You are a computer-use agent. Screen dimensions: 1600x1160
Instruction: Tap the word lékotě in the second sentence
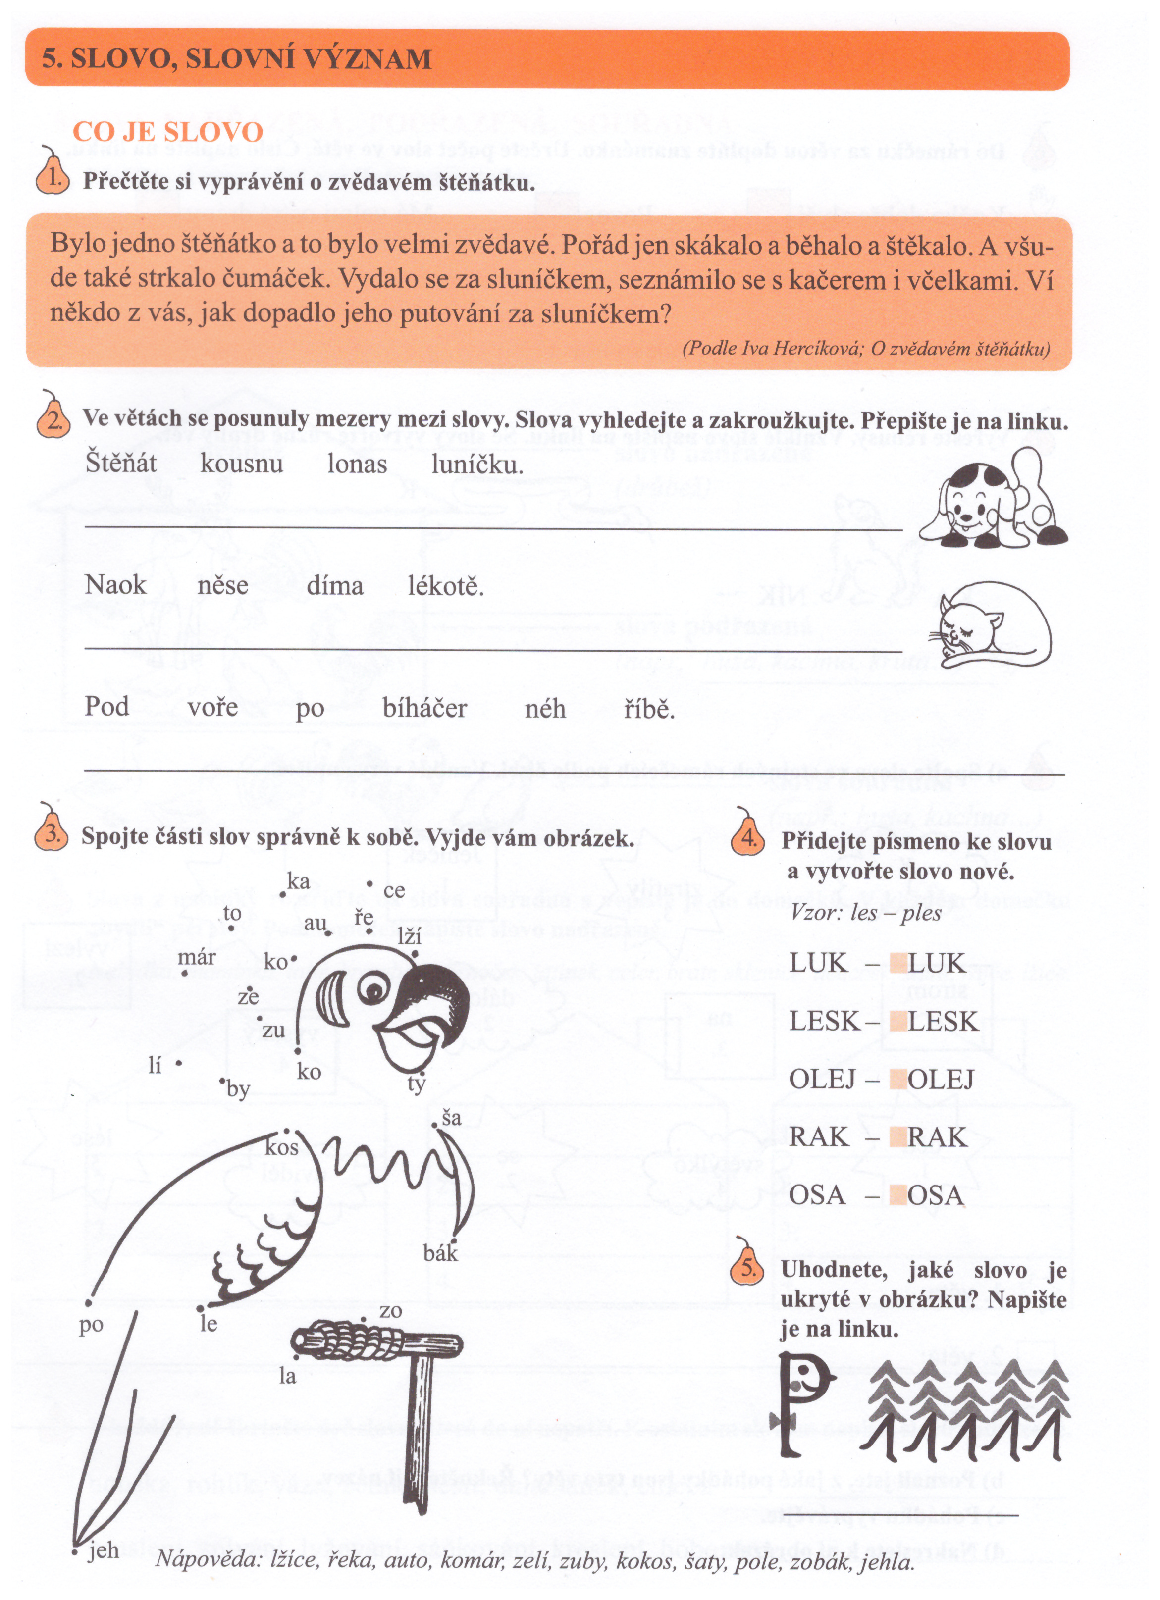(x=446, y=585)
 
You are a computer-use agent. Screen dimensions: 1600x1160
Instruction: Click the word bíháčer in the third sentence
(x=425, y=708)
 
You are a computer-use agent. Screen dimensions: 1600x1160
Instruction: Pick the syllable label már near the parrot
(x=197, y=957)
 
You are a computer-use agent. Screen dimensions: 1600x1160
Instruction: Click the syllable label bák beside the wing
(x=441, y=1254)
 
